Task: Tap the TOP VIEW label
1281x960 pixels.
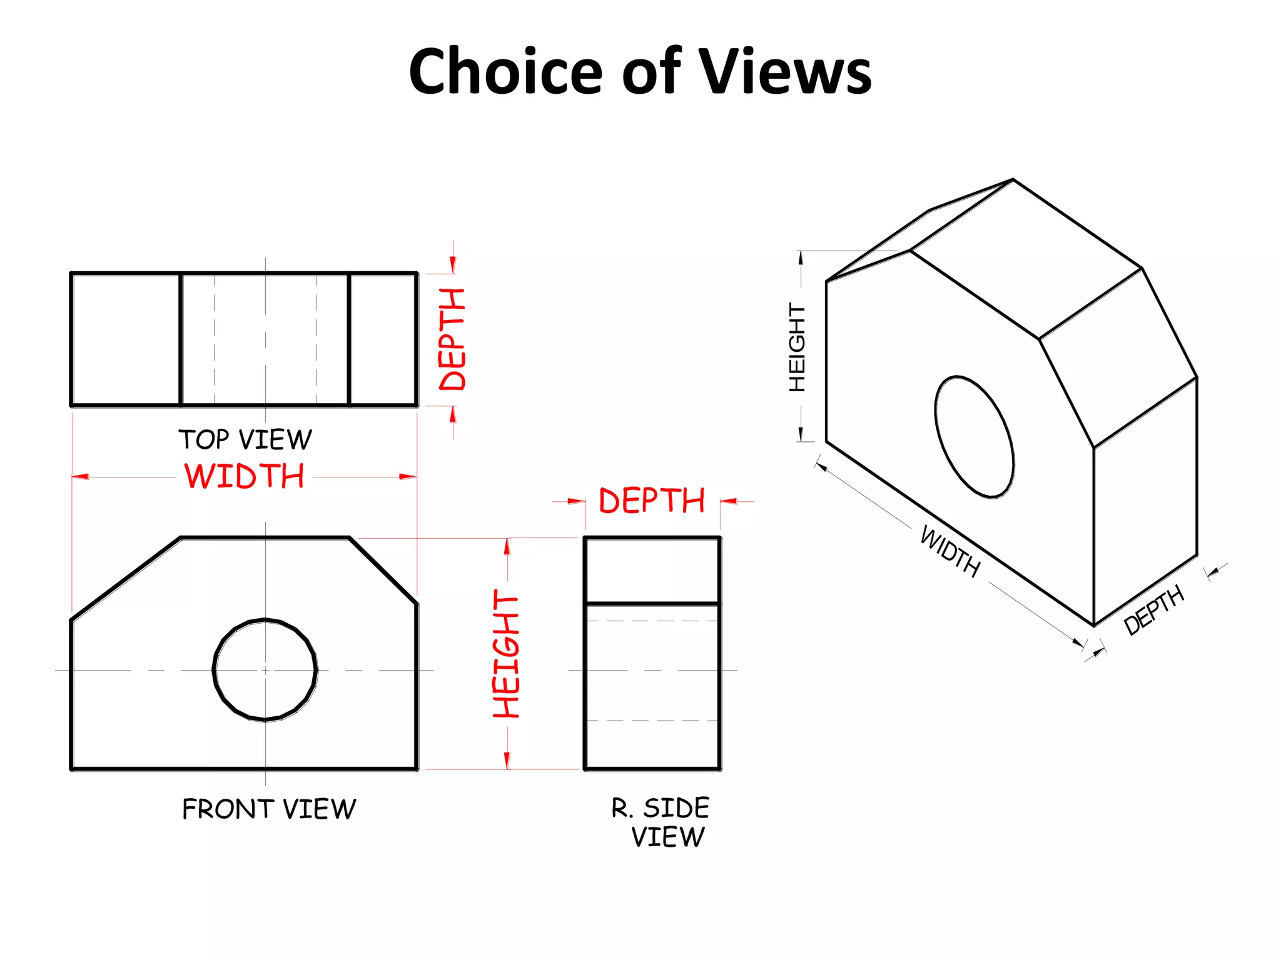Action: [245, 439]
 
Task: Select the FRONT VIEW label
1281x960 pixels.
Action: [269, 809]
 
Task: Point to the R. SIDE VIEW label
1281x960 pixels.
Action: [661, 822]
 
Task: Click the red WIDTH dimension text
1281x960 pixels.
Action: [244, 476]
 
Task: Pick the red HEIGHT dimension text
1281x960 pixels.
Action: [506, 654]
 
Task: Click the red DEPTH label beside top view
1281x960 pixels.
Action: [452, 339]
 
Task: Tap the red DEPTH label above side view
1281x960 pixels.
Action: [652, 501]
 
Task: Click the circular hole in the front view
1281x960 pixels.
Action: [265, 670]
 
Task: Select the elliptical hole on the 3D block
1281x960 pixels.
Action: [974, 437]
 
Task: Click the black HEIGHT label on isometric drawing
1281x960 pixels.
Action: [797, 347]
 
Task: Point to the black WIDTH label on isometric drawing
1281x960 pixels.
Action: [949, 551]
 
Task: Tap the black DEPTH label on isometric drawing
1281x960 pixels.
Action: [1153, 609]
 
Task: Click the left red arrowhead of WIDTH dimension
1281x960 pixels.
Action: [80, 477]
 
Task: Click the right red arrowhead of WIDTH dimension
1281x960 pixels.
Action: [408, 477]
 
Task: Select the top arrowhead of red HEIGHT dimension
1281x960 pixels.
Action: [507, 546]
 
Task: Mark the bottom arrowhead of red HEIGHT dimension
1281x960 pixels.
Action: [507, 761]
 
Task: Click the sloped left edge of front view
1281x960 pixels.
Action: [126, 579]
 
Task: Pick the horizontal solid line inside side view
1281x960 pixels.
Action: [652, 603]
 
